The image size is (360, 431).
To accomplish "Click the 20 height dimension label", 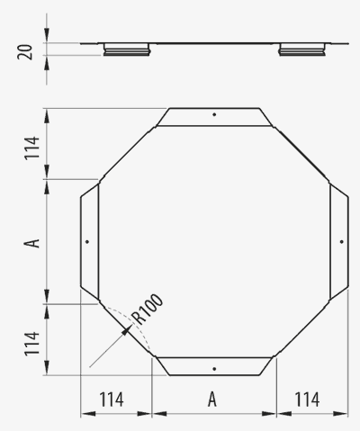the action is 25,52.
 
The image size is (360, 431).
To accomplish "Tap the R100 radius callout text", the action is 148,309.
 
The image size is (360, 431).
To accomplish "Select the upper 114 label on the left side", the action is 31,148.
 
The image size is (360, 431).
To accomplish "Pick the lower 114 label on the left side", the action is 31,344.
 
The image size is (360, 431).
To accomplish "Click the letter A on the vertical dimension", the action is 32,243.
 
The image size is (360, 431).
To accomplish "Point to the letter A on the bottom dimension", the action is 212,400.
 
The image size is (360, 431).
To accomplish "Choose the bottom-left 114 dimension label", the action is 112,400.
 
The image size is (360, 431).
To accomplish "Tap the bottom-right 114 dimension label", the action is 308,400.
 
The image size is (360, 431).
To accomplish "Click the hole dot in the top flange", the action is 214,114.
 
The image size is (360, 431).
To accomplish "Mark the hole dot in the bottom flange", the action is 214,369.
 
